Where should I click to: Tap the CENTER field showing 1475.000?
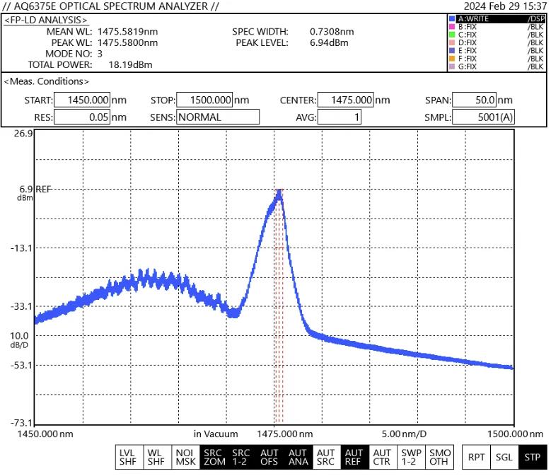point(347,100)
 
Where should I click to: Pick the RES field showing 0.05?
point(82,117)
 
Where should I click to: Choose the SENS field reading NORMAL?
point(218,117)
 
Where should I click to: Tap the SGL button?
point(504,457)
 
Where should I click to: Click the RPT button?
point(476,457)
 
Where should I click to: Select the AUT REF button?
point(354,457)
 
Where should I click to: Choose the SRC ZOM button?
point(213,457)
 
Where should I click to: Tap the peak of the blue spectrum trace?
point(280,191)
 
